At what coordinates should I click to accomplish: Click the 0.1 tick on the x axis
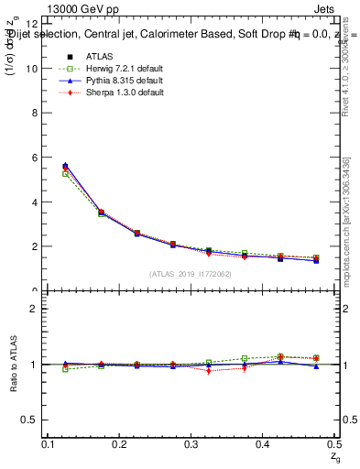(49, 444)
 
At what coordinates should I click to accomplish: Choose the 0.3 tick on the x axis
(191, 444)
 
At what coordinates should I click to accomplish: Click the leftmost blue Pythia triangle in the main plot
(65, 166)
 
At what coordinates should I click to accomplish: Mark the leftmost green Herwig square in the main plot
(65, 173)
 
